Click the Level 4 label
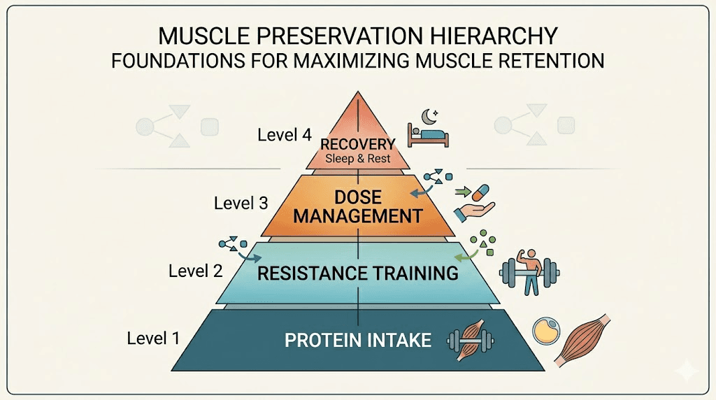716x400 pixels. (x=284, y=135)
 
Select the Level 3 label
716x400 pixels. (x=241, y=203)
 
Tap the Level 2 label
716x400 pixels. (x=195, y=270)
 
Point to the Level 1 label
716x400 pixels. (x=153, y=338)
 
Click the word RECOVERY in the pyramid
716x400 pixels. (x=357, y=144)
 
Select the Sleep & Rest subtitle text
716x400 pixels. (x=357, y=158)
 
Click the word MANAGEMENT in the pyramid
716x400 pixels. (x=357, y=215)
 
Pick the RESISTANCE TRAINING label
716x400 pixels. (x=357, y=272)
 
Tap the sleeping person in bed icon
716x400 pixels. (x=428, y=134)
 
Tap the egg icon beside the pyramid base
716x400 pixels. (x=545, y=331)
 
